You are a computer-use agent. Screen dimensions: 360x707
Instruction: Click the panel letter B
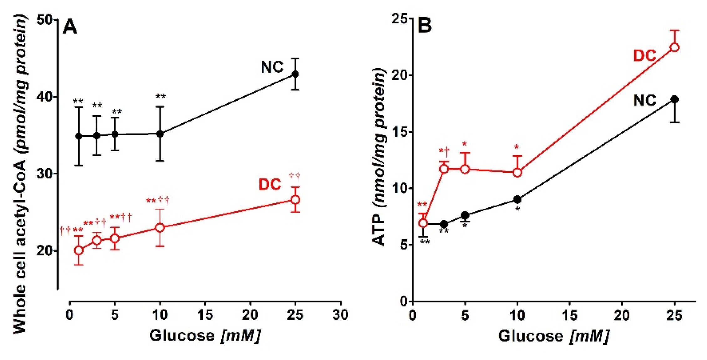click(425, 25)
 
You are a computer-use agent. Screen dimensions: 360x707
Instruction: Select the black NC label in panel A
click(272, 67)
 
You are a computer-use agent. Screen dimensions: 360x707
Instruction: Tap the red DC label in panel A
click(270, 184)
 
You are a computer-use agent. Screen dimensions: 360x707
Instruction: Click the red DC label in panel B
click(644, 56)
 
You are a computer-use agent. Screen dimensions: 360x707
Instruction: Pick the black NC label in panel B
click(644, 100)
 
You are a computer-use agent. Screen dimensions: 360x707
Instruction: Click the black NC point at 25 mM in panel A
click(295, 74)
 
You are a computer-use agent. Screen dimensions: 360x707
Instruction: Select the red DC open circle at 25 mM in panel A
click(295, 200)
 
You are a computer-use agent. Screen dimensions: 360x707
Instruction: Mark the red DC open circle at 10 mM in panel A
click(160, 228)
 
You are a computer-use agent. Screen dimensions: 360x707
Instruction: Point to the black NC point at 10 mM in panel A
click(160, 134)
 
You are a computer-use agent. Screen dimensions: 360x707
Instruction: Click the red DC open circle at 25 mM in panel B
click(675, 48)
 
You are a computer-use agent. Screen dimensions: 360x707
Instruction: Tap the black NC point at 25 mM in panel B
click(675, 100)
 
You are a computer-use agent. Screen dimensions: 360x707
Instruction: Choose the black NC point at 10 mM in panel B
click(517, 199)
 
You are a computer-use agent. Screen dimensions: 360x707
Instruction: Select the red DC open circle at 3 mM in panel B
click(444, 169)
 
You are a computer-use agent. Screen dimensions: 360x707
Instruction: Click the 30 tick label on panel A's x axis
click(340, 315)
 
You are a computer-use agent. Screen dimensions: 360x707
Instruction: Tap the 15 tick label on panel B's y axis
click(399, 132)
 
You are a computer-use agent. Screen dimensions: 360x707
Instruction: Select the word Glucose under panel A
click(182, 336)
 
